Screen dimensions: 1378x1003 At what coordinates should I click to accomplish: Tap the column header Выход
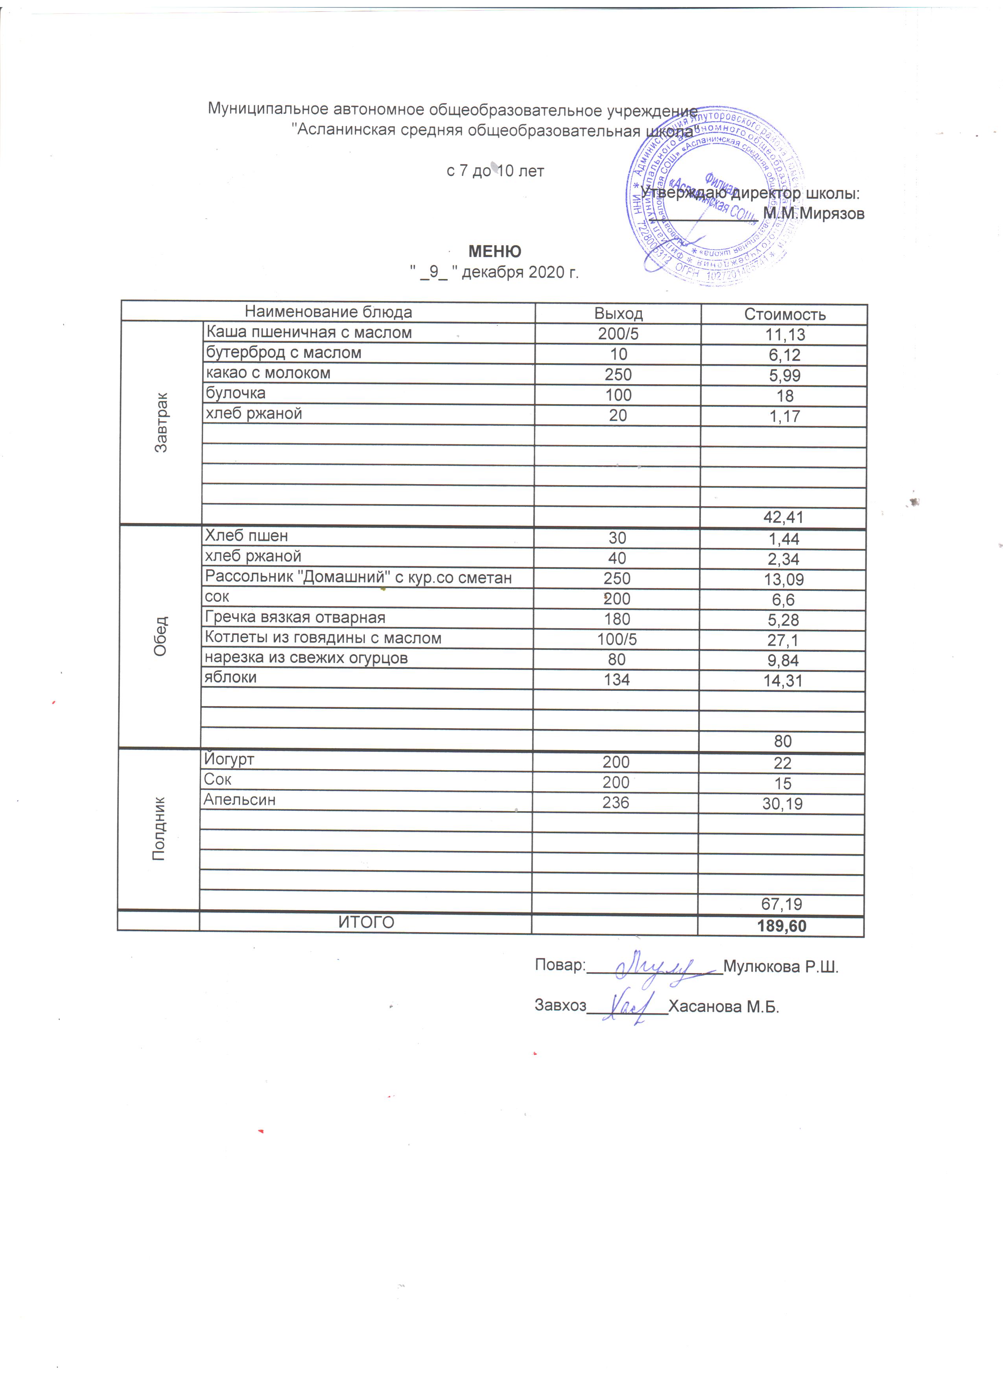618,314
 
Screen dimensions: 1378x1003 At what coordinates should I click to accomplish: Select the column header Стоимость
784,315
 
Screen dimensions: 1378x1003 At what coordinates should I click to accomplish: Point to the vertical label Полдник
159,829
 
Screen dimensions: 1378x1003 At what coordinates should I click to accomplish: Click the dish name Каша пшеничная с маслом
309,333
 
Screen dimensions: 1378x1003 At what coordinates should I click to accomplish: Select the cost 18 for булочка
784,396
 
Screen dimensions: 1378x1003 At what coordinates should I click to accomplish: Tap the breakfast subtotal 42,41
783,518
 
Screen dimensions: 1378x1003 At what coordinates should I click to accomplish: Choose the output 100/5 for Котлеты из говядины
617,639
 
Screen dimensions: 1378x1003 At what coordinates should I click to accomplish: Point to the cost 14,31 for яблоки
783,681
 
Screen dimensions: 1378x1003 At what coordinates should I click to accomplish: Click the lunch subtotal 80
783,741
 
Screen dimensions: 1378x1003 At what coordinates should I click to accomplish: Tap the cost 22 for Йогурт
783,763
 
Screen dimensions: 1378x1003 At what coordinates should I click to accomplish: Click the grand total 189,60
782,926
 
